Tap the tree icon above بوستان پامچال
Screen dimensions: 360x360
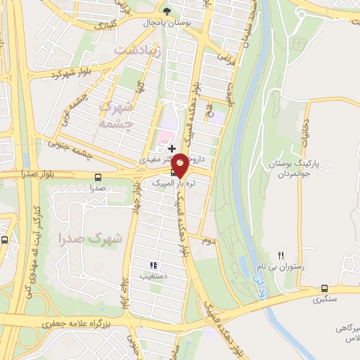(166, 11)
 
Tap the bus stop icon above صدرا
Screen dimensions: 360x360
(98, 177)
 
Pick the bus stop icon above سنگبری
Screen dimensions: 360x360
(324, 288)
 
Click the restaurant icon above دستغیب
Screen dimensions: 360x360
(153, 265)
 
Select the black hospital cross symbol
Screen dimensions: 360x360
(172, 148)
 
